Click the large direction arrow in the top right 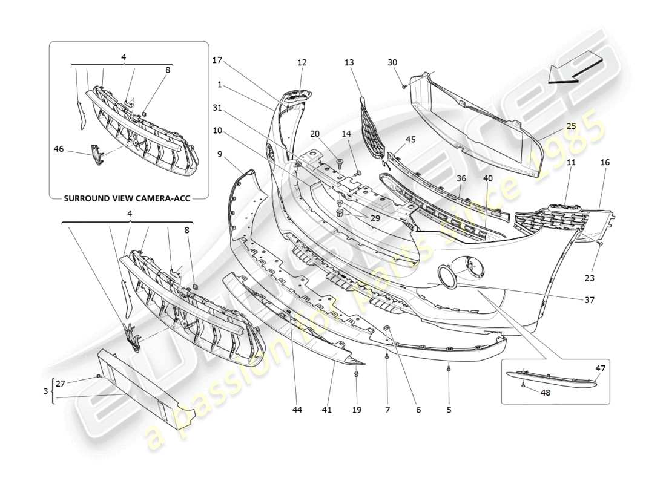point(575,67)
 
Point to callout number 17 point(217,60)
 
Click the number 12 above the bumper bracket point(302,62)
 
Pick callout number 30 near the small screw point(392,62)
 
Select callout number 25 point(571,126)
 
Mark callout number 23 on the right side point(590,278)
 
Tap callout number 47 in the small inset point(601,368)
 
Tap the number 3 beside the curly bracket point(45,391)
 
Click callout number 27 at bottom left point(61,382)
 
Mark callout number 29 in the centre point(375,218)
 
